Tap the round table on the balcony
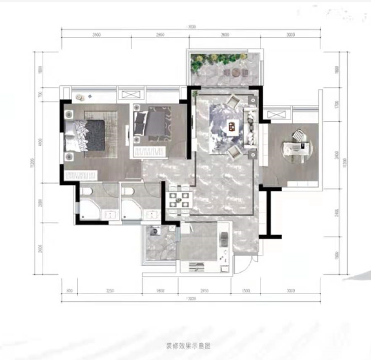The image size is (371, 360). point(236,73)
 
